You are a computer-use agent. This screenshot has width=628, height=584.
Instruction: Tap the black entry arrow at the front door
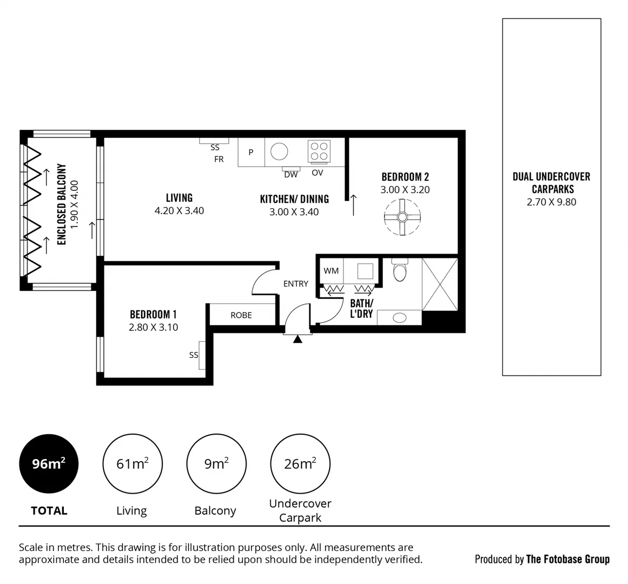pos(297,340)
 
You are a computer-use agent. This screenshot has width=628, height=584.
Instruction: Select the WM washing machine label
pos(331,270)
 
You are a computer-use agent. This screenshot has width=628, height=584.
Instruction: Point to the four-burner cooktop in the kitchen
pos(319,151)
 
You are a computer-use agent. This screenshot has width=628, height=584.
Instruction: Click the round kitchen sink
pos(280,151)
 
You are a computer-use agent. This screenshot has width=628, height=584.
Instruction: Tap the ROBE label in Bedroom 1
pos(241,315)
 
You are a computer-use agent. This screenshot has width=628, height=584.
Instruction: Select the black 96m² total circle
pos(49,463)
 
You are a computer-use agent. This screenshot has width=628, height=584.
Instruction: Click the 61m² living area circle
pos(132,463)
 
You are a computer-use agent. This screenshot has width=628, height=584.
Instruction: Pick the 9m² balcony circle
pos(216,463)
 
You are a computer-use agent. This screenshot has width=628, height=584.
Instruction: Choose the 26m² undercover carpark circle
pos(300,463)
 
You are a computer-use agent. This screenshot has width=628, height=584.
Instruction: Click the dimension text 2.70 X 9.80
pos(551,202)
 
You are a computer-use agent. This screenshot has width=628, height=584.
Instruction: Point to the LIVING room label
pos(179,198)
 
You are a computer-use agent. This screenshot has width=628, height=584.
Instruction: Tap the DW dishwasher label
pos(291,174)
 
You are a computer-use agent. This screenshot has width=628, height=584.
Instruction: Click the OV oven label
pos(318,173)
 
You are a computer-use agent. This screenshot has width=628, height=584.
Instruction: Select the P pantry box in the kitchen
pos(251,152)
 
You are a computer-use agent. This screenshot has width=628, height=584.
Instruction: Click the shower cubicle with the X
pos(440,284)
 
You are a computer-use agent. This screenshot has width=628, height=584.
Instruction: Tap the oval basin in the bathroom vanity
pos(399,317)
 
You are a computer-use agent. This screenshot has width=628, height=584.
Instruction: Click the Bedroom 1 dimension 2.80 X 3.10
pos(153,327)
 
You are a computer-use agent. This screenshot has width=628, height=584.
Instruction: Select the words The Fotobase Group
pos(567,559)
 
